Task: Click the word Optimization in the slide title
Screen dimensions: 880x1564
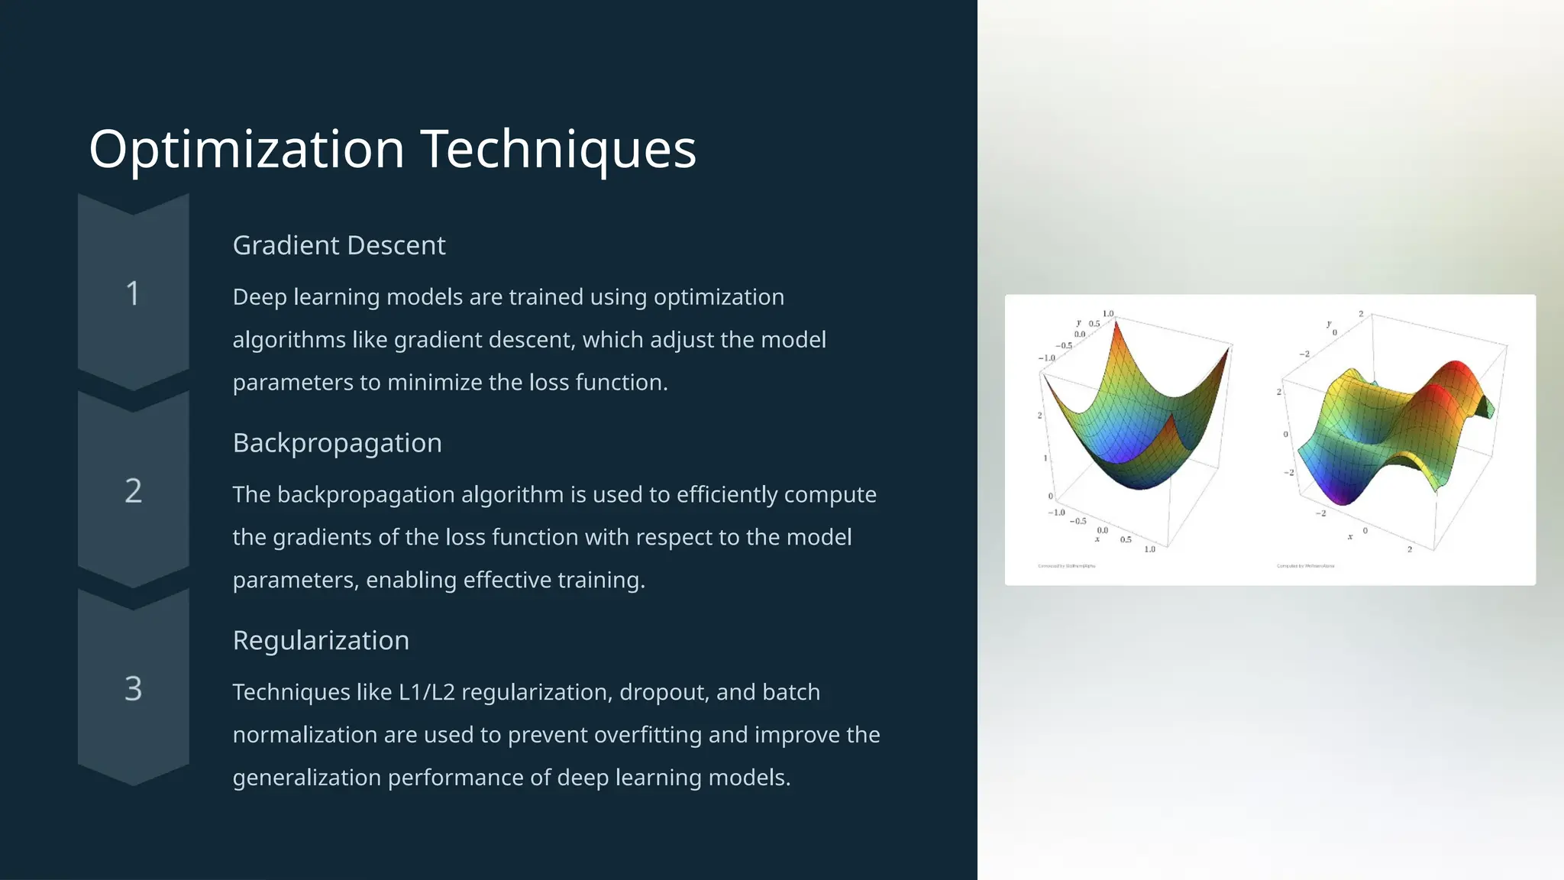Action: click(x=246, y=150)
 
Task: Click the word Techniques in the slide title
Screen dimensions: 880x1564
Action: click(x=558, y=150)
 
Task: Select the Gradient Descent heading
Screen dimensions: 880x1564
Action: click(x=338, y=246)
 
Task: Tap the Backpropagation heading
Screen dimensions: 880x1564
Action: click(x=337, y=444)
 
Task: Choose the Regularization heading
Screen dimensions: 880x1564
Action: click(x=321, y=641)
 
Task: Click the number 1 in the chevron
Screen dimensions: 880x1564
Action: click(x=133, y=294)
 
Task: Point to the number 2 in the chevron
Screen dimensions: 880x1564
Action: click(x=133, y=491)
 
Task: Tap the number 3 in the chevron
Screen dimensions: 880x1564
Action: click(x=133, y=689)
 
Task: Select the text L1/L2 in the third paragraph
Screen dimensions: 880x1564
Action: click(x=426, y=693)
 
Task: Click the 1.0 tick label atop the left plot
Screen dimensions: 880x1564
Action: click(x=1108, y=314)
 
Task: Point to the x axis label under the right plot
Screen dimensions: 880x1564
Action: click(x=1350, y=537)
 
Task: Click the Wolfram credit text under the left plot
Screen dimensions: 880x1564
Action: click(x=1066, y=566)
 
